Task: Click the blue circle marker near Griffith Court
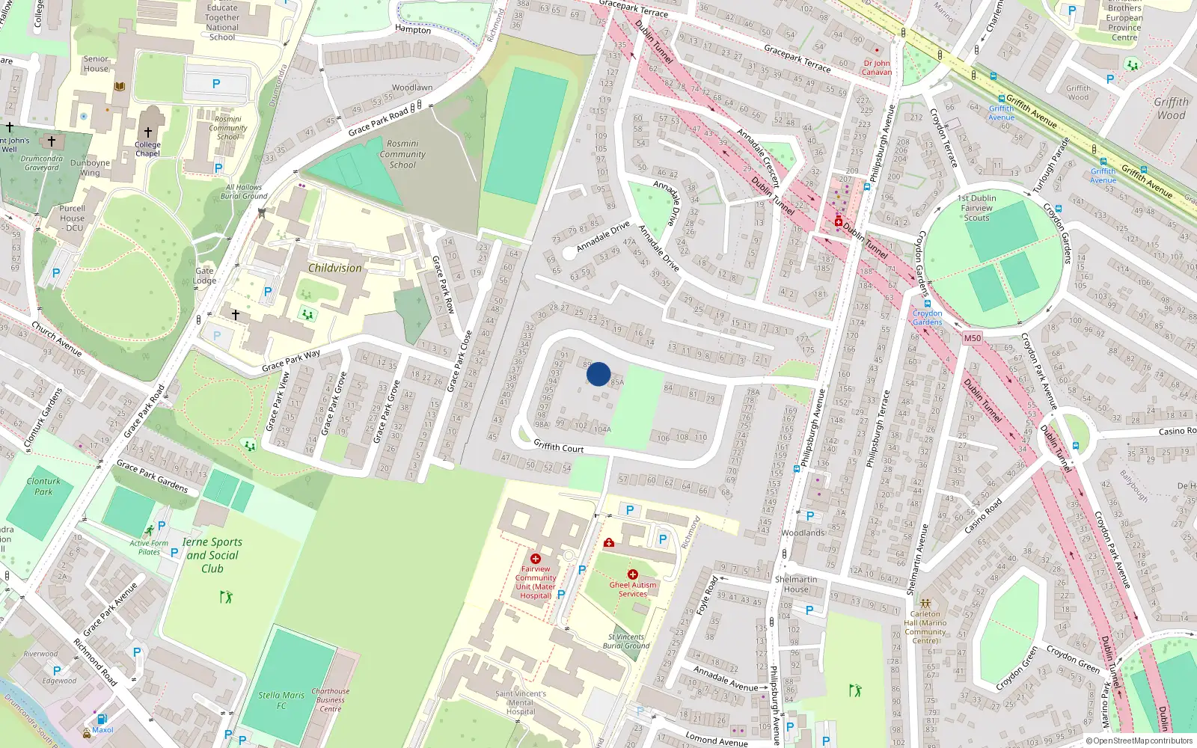(x=598, y=373)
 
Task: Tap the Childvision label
(x=334, y=268)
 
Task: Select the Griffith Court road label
(x=558, y=447)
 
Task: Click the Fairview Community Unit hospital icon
(x=535, y=559)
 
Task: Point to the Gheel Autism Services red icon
(x=632, y=574)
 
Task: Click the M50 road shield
(x=972, y=338)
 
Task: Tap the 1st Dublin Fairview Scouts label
(x=976, y=208)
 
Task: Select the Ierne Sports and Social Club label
(x=212, y=555)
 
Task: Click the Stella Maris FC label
(x=281, y=699)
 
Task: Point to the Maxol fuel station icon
(x=102, y=720)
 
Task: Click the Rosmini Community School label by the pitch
(x=402, y=154)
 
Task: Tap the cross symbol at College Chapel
(x=148, y=132)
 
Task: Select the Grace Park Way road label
(x=291, y=361)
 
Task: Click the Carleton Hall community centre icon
(x=925, y=603)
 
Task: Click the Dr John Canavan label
(x=877, y=68)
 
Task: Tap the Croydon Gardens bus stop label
(x=927, y=318)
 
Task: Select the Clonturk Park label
(x=43, y=486)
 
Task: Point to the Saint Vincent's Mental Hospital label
(x=521, y=702)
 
